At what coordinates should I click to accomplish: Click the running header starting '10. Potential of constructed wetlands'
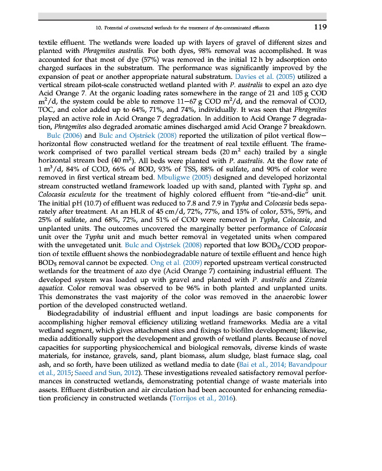pyautogui.click(x=182, y=28)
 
